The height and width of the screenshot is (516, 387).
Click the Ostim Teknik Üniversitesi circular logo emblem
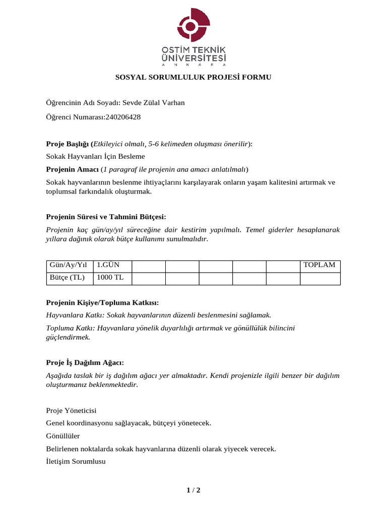(x=193, y=26)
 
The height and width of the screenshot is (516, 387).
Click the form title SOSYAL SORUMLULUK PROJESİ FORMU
(x=193, y=78)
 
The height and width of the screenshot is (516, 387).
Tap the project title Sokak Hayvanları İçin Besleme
(x=95, y=157)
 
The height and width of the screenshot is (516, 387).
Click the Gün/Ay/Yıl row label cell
(x=69, y=266)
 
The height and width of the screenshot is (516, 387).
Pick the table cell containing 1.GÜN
(x=112, y=266)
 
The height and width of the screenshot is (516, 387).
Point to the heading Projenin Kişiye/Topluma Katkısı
(x=102, y=302)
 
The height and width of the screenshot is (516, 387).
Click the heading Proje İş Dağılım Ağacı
(x=85, y=363)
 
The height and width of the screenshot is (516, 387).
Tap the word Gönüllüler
(x=62, y=436)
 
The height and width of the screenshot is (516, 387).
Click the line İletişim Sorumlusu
(x=76, y=461)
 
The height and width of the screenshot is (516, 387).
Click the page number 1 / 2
(x=193, y=490)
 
